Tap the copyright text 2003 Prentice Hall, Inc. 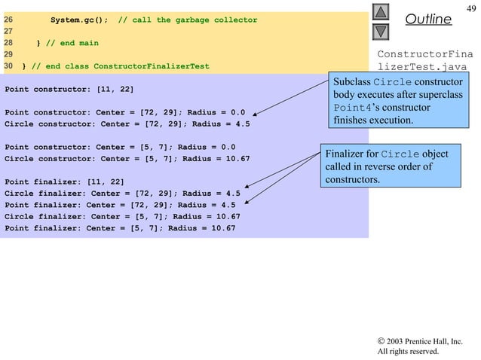[x=423, y=340]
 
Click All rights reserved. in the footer [x=408, y=350]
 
